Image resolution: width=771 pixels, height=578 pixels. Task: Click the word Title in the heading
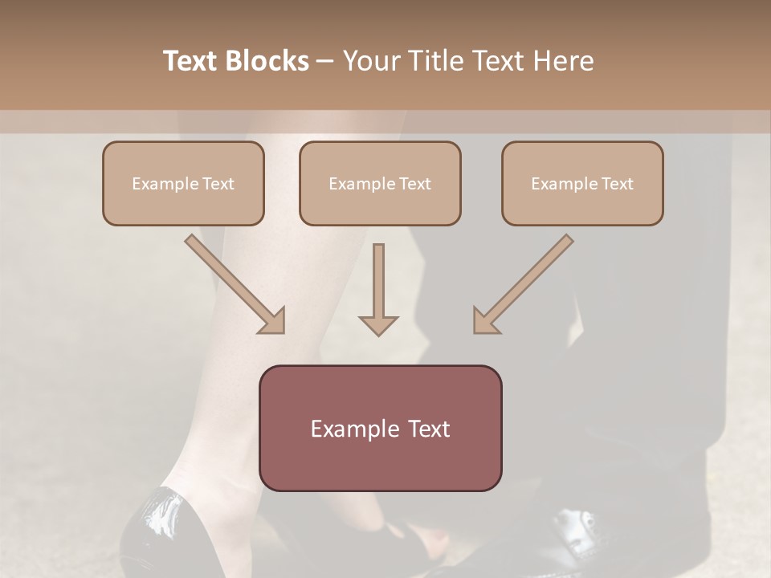436,61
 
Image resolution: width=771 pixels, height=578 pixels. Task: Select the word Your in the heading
373,61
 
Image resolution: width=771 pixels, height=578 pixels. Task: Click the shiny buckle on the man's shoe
575,530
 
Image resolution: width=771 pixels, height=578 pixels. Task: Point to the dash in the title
326,61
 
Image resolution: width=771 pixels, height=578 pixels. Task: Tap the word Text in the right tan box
618,184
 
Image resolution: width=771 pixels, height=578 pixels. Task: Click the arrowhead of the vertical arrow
378,324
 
